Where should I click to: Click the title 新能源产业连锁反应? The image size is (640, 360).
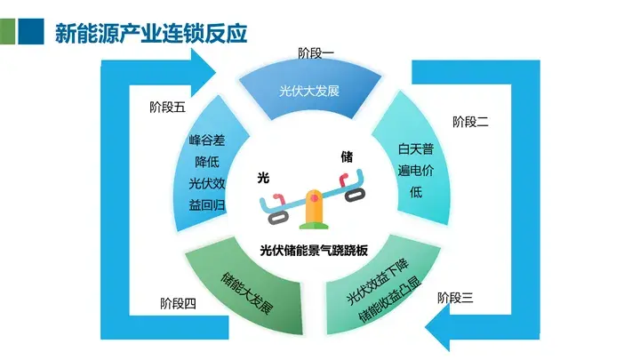(x=151, y=33)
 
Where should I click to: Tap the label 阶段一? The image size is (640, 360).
(x=316, y=53)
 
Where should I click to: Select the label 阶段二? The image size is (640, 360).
(x=470, y=122)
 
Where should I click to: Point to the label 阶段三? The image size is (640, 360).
(x=455, y=298)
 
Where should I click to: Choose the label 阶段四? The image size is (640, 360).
(x=178, y=304)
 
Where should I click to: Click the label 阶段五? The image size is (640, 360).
(x=167, y=108)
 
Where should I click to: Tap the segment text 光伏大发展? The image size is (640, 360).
(x=309, y=91)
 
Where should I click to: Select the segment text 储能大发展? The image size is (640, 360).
(x=246, y=293)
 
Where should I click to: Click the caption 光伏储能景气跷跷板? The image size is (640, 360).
(x=314, y=250)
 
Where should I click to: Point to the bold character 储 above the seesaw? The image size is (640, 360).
(x=347, y=156)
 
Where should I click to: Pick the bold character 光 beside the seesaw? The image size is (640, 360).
(x=263, y=178)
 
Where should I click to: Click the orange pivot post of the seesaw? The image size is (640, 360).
(x=314, y=207)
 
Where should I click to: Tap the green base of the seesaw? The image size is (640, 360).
(x=314, y=226)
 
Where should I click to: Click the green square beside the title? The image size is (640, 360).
(x=7, y=31)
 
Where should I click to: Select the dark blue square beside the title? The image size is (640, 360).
(x=31, y=31)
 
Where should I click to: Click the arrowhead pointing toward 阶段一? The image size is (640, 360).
(x=204, y=73)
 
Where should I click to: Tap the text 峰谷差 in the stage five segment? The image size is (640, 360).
(x=207, y=140)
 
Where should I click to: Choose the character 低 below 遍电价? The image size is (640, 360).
(x=416, y=192)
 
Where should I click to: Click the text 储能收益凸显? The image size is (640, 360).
(x=390, y=300)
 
